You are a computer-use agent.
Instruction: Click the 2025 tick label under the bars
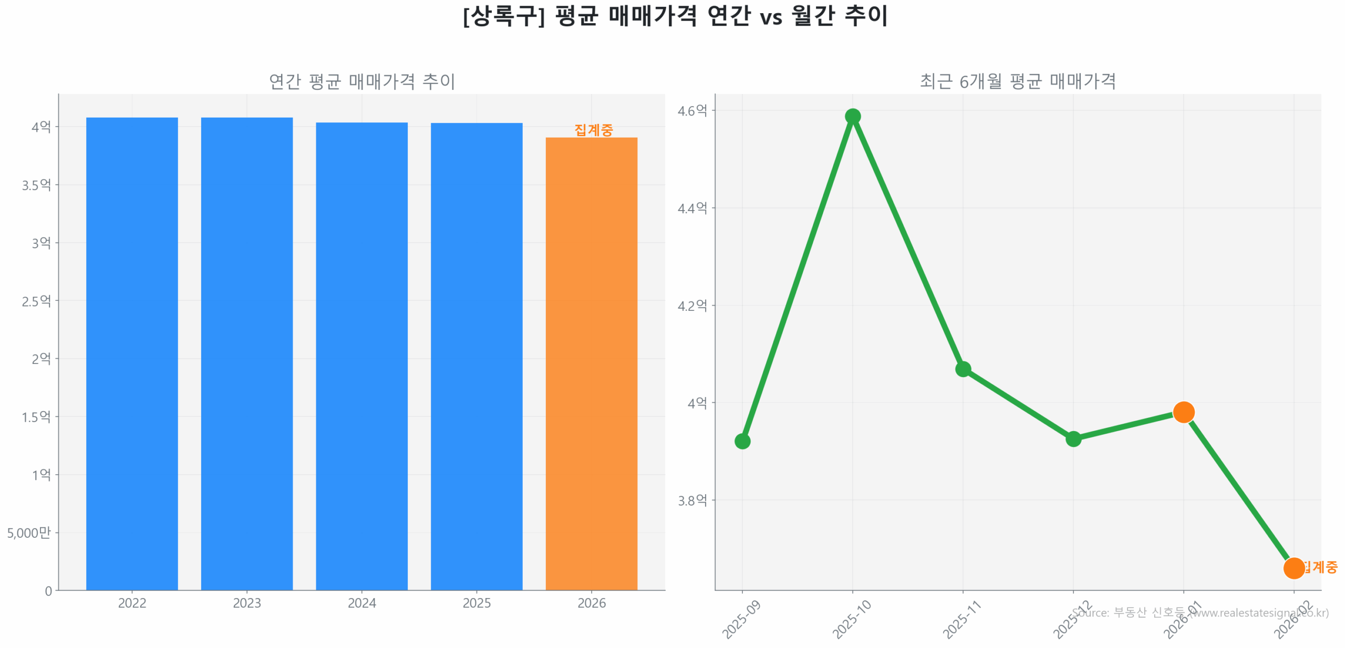[476, 602]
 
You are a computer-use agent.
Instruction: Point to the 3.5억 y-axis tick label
[36, 185]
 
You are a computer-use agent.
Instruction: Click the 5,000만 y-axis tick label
[29, 532]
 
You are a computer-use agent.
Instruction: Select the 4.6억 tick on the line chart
[691, 110]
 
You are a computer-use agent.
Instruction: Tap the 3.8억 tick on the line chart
[691, 500]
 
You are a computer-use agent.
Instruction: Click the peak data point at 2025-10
[852, 116]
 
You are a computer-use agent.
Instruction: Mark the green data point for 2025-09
[742, 441]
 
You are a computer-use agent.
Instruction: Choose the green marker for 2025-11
[963, 369]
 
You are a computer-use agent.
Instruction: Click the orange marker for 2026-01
[1183, 412]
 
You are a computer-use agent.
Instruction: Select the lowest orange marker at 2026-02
[1293, 568]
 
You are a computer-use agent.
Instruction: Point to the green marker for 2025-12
[1073, 438]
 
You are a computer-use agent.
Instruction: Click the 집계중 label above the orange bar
[593, 130]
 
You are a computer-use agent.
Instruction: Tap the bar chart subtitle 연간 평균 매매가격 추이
[361, 81]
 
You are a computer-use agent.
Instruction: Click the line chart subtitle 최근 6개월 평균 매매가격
[1017, 81]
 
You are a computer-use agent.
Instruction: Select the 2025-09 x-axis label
[741, 620]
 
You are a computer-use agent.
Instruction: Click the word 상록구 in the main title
[503, 16]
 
